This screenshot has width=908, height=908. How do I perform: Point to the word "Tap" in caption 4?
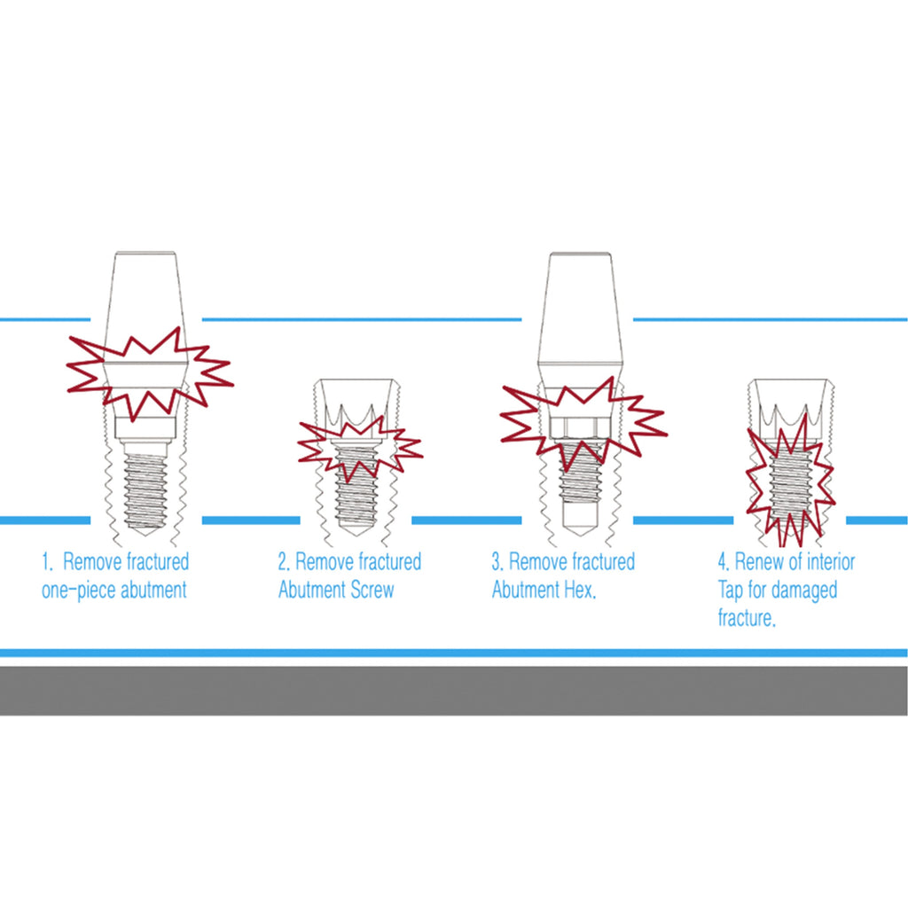(x=732, y=591)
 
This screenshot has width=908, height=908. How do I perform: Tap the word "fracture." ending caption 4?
(x=747, y=619)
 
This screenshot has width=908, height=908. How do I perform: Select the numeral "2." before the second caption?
(x=284, y=562)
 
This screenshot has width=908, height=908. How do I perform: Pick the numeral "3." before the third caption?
(x=497, y=562)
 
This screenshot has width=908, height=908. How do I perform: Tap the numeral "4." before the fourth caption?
(x=724, y=562)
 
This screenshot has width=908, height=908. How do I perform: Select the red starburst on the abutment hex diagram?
(x=581, y=417)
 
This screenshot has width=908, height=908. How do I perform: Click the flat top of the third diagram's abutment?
(x=581, y=255)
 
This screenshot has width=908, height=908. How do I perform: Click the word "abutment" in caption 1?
(x=152, y=591)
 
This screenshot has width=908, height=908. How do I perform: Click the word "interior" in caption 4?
(x=826, y=562)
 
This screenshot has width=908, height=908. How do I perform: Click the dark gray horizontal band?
(x=454, y=691)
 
